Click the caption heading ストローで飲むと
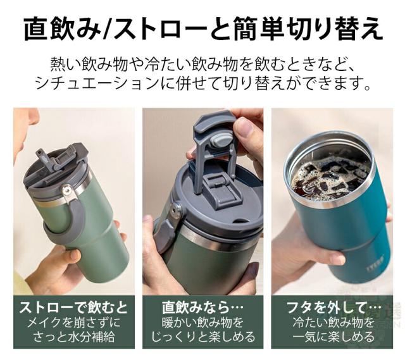(x=73, y=307)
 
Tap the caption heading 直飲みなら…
(x=202, y=307)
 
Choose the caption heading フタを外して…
(x=333, y=307)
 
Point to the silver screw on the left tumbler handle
(x=66, y=190)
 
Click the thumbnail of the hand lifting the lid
(x=202, y=201)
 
